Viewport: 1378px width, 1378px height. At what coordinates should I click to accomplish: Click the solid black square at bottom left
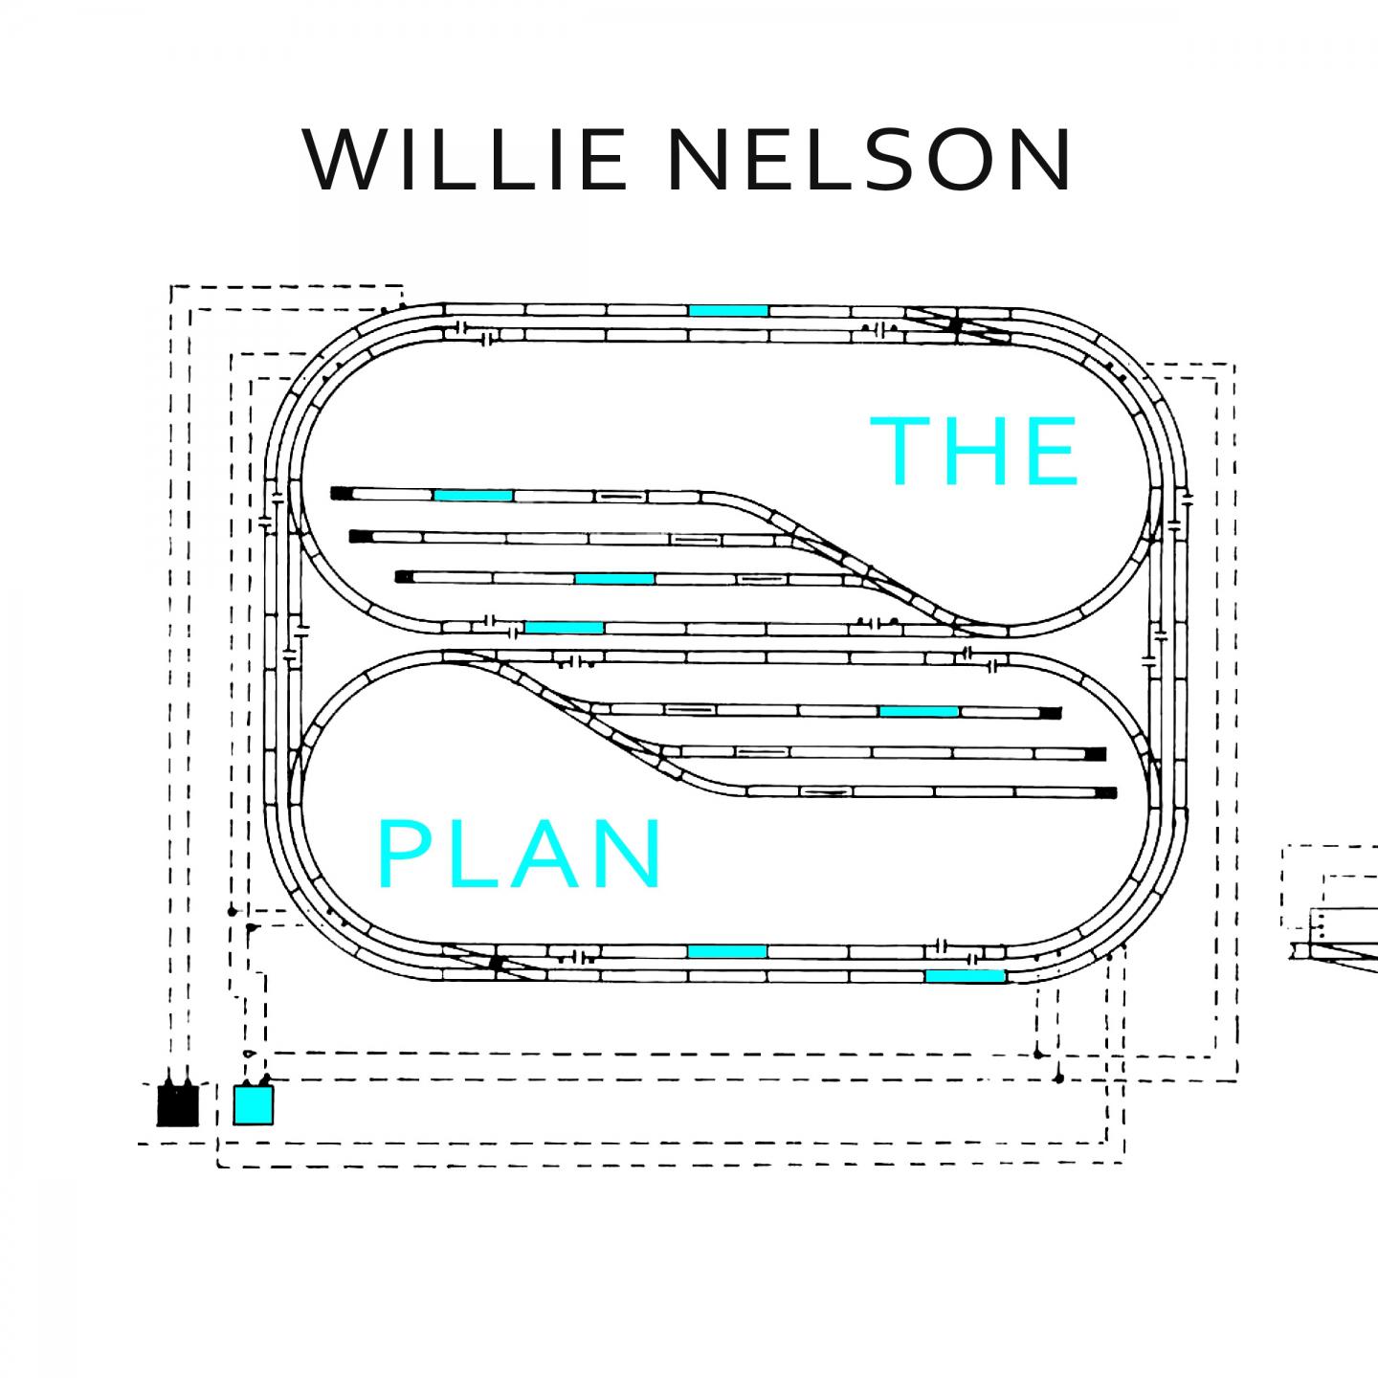pyautogui.click(x=178, y=1104)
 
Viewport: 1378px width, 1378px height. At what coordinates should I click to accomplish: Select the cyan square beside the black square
pyautogui.click(x=254, y=1104)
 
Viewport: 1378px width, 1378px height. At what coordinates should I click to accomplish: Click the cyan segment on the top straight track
pyautogui.click(x=728, y=310)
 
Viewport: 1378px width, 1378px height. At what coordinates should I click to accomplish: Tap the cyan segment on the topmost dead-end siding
pyautogui.click(x=473, y=495)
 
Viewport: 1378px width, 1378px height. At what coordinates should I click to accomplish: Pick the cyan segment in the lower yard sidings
pyautogui.click(x=919, y=711)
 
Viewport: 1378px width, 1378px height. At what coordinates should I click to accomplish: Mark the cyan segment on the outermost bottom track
pyautogui.click(x=965, y=976)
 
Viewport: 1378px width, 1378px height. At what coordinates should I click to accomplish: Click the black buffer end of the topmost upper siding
pyautogui.click(x=342, y=494)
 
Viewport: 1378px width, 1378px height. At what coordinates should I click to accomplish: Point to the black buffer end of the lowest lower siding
pyautogui.click(x=1107, y=792)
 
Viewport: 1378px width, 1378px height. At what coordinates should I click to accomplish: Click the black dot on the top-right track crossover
pyautogui.click(x=954, y=324)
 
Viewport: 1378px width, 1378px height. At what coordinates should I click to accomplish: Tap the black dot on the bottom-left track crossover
pyautogui.click(x=496, y=963)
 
